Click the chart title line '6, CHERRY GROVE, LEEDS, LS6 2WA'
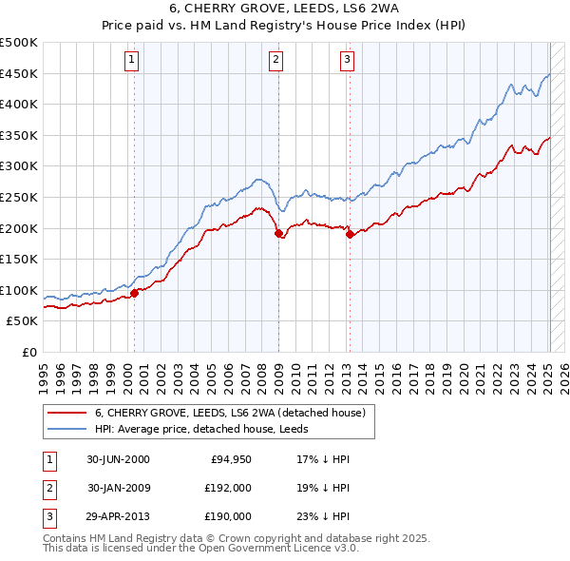pos(285,10)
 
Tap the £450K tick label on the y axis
pos(19,73)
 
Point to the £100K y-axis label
pos(19,290)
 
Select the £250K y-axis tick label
pos(19,197)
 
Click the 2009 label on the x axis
pos(278,369)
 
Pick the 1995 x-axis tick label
pos(44,369)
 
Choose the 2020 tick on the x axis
pos(463,369)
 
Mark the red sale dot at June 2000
pos(134,293)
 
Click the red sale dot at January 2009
pos(278,233)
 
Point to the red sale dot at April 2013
pos(350,234)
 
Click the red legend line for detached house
pos(68,414)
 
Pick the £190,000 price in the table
pos(228,516)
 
